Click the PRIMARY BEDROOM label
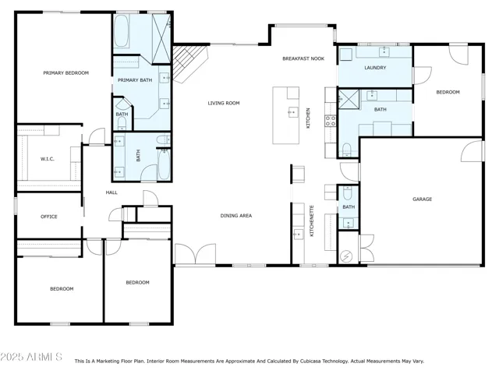pyautogui.click(x=65, y=72)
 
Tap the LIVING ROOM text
pyautogui.click(x=224, y=103)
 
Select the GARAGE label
pyautogui.click(x=423, y=199)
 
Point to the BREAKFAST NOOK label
pyautogui.click(x=303, y=58)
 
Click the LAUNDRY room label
pyautogui.click(x=375, y=68)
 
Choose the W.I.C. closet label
pyautogui.click(x=47, y=159)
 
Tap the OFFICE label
pyautogui.click(x=48, y=217)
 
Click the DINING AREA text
pyautogui.click(x=236, y=216)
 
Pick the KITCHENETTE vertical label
pyautogui.click(x=312, y=221)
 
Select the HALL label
pyautogui.click(x=111, y=192)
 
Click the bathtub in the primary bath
pyautogui.click(x=122, y=31)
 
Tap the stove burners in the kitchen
pyautogui.click(x=330, y=121)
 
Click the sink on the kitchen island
pyautogui.click(x=293, y=112)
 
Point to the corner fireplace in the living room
pyautogui.click(x=189, y=64)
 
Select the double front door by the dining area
pyautogui.click(x=196, y=254)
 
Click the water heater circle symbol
pyautogui.click(x=346, y=256)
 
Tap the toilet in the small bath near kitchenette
pyautogui.click(x=348, y=192)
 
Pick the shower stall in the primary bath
pyautogui.click(x=161, y=39)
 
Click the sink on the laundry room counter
pyautogui.click(x=384, y=51)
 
